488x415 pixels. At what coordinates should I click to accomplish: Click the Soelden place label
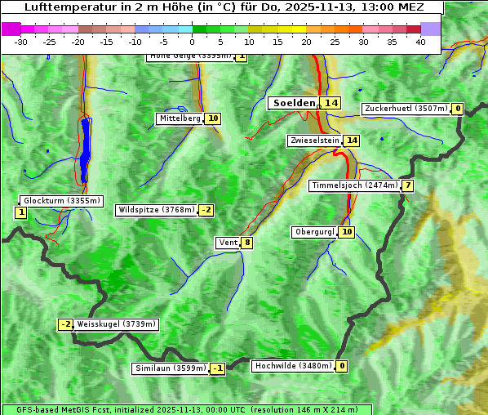point(293,103)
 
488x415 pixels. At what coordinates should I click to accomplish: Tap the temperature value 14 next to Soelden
point(331,103)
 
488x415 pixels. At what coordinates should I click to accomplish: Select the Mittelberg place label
point(180,118)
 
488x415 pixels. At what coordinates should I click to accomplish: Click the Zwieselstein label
point(314,141)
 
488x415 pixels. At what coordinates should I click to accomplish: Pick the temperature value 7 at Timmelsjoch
point(407,185)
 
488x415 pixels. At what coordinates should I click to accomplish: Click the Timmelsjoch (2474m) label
point(355,185)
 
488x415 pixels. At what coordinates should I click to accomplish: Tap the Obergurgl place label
point(314,232)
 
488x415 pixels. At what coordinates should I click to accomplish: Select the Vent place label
point(228,243)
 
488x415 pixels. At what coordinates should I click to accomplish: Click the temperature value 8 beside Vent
point(246,243)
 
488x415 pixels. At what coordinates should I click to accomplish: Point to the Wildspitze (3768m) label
point(157,210)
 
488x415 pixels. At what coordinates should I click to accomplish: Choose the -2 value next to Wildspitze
point(206,210)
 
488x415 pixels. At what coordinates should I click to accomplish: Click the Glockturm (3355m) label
point(62,200)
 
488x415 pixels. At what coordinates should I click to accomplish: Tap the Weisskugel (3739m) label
point(116,324)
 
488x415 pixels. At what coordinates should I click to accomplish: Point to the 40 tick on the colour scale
point(420,42)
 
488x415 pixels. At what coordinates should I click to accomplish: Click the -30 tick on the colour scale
point(21,42)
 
